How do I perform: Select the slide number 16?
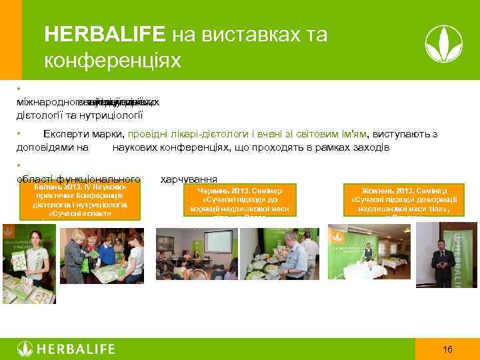pos(448,349)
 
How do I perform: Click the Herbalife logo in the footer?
pos(67,349)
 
